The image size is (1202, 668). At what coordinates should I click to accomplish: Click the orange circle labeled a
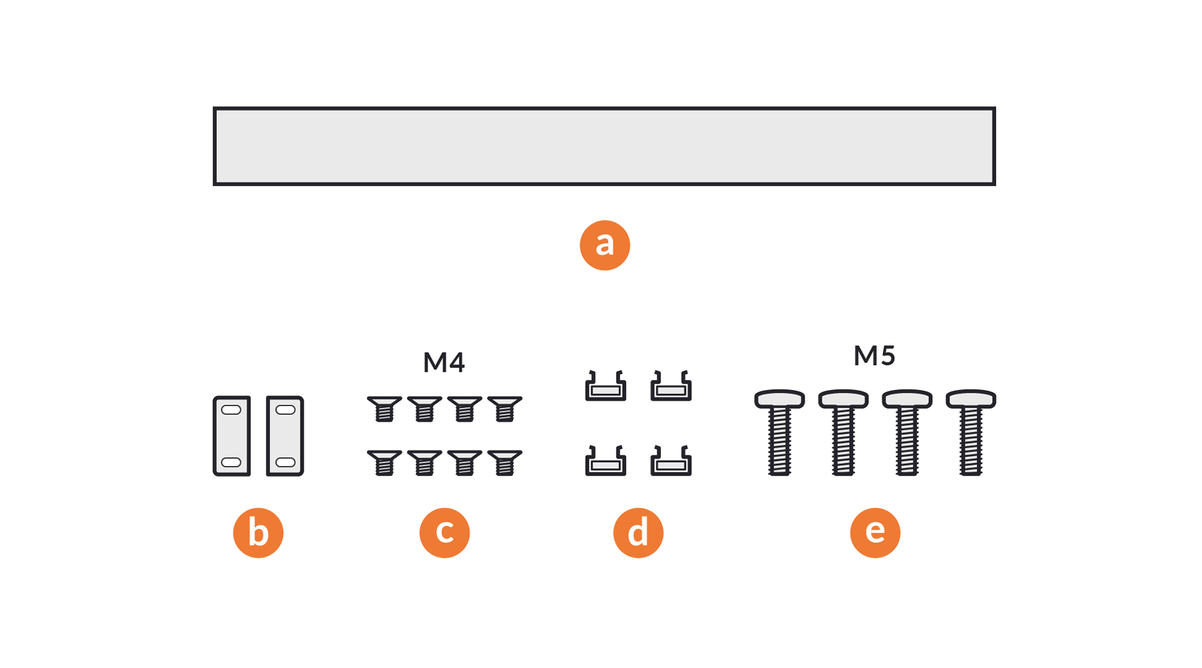click(604, 245)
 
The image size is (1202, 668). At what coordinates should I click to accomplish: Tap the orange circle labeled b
click(258, 533)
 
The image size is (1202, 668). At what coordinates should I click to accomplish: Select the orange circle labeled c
click(444, 533)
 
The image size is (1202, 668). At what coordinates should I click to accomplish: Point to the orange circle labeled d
click(638, 533)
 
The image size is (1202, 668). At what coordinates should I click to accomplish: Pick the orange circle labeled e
click(875, 533)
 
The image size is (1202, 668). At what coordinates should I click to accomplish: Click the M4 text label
click(444, 363)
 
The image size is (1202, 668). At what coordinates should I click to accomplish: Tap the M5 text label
click(874, 356)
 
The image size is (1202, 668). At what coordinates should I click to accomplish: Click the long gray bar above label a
click(604, 146)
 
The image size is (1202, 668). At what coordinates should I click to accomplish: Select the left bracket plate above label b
click(232, 436)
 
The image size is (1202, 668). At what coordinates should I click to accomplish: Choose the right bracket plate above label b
click(285, 436)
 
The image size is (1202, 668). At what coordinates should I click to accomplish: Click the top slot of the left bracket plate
click(231, 410)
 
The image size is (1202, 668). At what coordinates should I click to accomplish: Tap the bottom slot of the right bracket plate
click(285, 462)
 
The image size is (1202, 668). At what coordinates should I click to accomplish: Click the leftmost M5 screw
click(779, 433)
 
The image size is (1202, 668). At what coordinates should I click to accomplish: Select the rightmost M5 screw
click(970, 433)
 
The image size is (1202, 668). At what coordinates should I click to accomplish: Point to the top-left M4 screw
click(384, 409)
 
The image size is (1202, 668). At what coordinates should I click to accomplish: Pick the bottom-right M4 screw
click(505, 463)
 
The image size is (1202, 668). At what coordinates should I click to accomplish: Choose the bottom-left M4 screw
click(384, 463)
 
